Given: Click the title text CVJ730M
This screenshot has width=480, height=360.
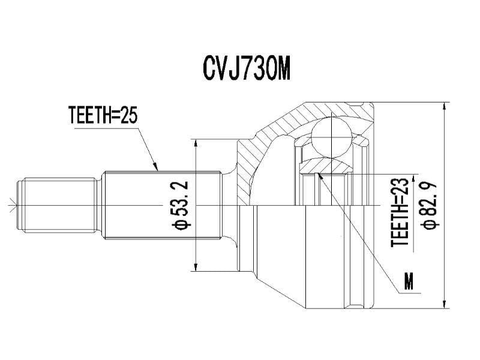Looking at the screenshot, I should coord(247,69).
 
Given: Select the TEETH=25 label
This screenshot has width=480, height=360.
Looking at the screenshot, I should coord(103,115).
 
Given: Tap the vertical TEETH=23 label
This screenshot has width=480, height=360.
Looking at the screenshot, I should coord(400,212).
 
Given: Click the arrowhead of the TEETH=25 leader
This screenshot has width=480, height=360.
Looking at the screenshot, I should coord(157,169).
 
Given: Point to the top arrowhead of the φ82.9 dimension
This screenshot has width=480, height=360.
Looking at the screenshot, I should coord(443,106).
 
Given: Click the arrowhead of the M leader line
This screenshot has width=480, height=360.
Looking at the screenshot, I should coord(320,175).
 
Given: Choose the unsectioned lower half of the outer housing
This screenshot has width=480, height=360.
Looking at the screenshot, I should coord(306,258).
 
